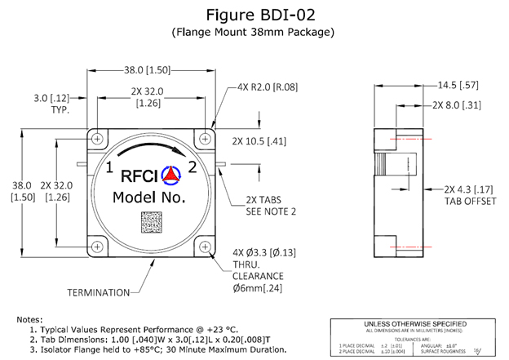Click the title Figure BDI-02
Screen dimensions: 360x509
(x=254, y=14)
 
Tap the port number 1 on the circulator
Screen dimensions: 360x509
(x=108, y=169)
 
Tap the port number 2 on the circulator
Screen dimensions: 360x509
(x=193, y=169)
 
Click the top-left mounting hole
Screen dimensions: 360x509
(x=98, y=137)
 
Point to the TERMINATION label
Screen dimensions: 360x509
(x=99, y=291)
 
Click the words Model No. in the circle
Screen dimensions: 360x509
(x=149, y=197)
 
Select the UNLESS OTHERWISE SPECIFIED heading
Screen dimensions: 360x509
(x=415, y=322)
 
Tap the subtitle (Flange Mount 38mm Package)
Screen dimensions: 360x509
(x=254, y=33)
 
